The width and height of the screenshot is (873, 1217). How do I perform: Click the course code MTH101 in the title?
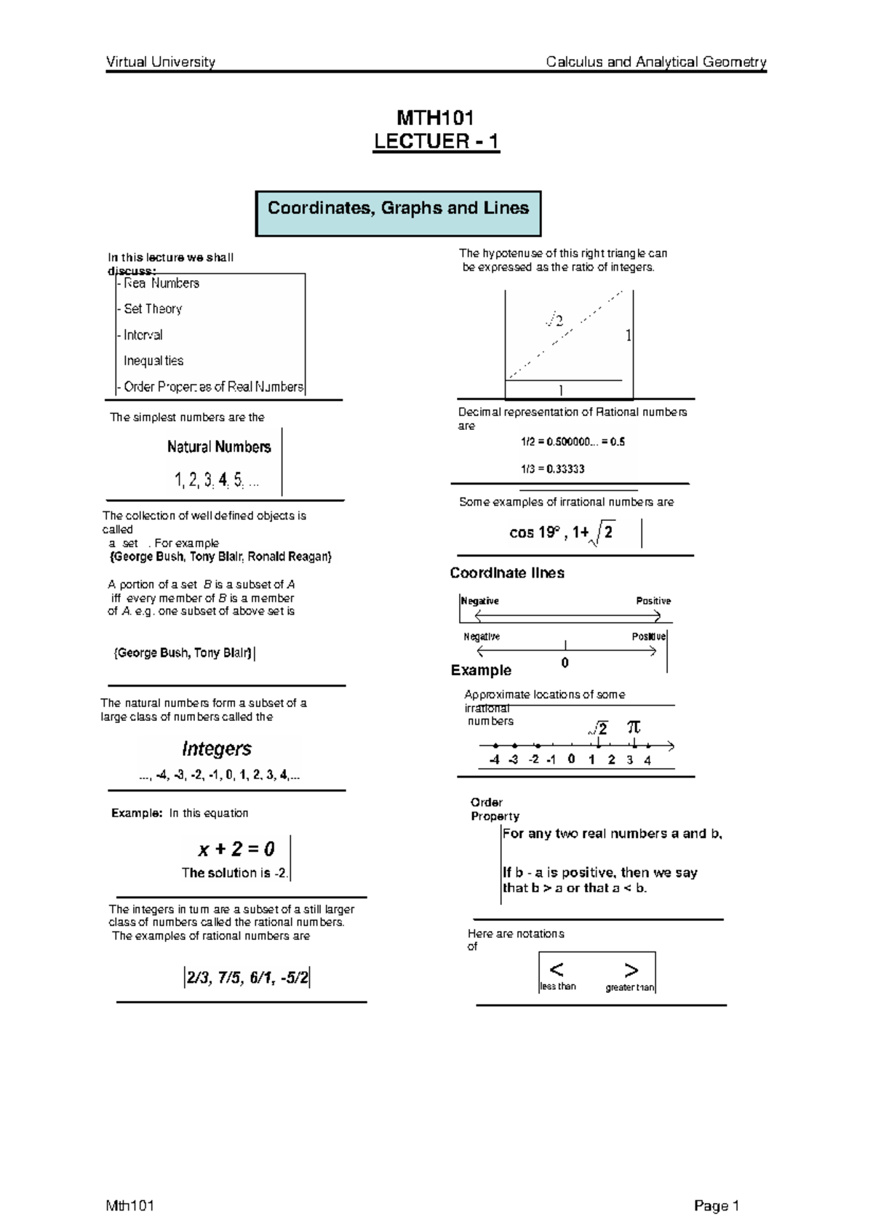tap(435, 118)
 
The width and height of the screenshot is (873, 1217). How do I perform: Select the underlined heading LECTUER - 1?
tap(436, 141)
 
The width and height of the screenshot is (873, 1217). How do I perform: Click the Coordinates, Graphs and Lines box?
tap(398, 213)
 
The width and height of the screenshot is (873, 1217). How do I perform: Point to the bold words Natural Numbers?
tap(219, 447)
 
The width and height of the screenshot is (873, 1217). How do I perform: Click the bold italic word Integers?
tap(217, 749)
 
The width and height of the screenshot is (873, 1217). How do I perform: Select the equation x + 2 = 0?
tap(236, 848)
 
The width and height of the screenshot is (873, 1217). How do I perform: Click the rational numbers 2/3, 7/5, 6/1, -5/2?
tap(247, 978)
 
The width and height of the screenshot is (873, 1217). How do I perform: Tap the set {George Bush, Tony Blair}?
tap(183, 653)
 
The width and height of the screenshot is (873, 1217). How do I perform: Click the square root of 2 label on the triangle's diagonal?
tap(555, 320)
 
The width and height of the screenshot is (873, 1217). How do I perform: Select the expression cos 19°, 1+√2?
tap(561, 533)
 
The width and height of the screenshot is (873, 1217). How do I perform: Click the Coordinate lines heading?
tap(506, 573)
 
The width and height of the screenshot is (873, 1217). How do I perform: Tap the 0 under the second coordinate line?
tap(565, 663)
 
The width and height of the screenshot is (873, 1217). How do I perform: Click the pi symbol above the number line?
tap(634, 726)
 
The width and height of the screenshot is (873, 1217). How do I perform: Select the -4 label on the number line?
tap(494, 759)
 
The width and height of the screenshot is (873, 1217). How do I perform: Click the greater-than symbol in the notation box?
tap(631, 970)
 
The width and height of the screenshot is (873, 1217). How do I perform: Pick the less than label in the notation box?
tap(557, 986)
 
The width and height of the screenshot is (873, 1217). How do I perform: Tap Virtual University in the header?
tap(161, 62)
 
